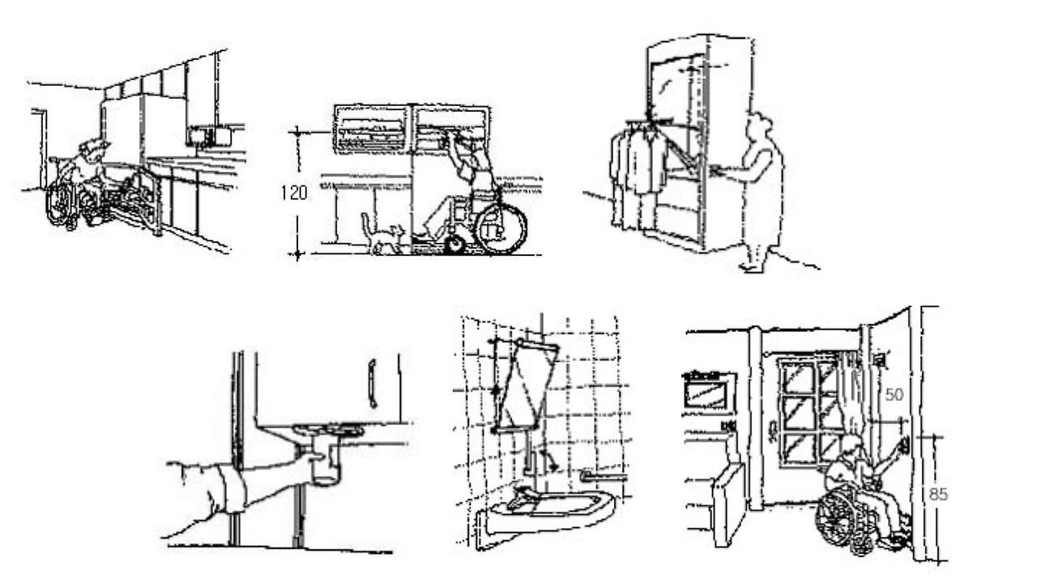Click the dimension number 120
pyautogui.click(x=292, y=193)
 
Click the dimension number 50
pyautogui.click(x=892, y=394)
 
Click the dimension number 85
pyautogui.click(x=937, y=494)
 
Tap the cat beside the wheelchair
pyautogui.click(x=382, y=235)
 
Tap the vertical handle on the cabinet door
pyautogui.click(x=372, y=384)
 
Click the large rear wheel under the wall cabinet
pyautogui.click(x=501, y=228)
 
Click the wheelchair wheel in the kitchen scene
pyautogui.click(x=58, y=202)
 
